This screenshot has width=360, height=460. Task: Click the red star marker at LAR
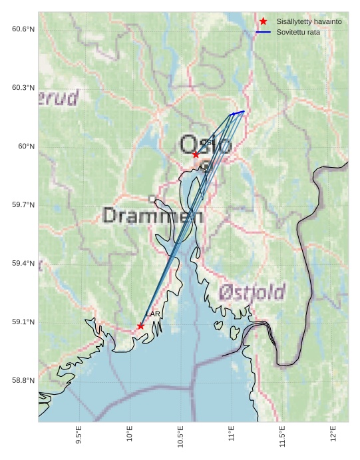point(140,326)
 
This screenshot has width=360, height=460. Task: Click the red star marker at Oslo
point(196,154)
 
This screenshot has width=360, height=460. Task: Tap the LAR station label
point(153,314)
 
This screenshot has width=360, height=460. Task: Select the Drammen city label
point(153,215)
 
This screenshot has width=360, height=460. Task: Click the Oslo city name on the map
point(206,144)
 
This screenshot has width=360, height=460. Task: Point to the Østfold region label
point(252,292)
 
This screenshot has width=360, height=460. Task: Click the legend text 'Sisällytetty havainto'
point(309,22)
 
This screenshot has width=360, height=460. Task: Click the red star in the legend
point(264,22)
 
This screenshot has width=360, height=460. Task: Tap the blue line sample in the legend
point(264,32)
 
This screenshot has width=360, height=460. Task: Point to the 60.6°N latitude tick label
point(23,29)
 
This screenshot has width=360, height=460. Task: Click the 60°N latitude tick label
point(26,146)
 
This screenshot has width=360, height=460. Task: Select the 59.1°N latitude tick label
point(23,322)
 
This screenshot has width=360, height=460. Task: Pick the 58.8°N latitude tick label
point(23,381)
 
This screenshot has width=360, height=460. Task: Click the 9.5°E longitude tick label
point(79,435)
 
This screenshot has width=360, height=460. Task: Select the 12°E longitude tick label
point(333,433)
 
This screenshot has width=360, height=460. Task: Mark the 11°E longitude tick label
point(232,433)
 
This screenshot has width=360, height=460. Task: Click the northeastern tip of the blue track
point(244,111)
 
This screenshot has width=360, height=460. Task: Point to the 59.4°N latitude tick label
point(23,264)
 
